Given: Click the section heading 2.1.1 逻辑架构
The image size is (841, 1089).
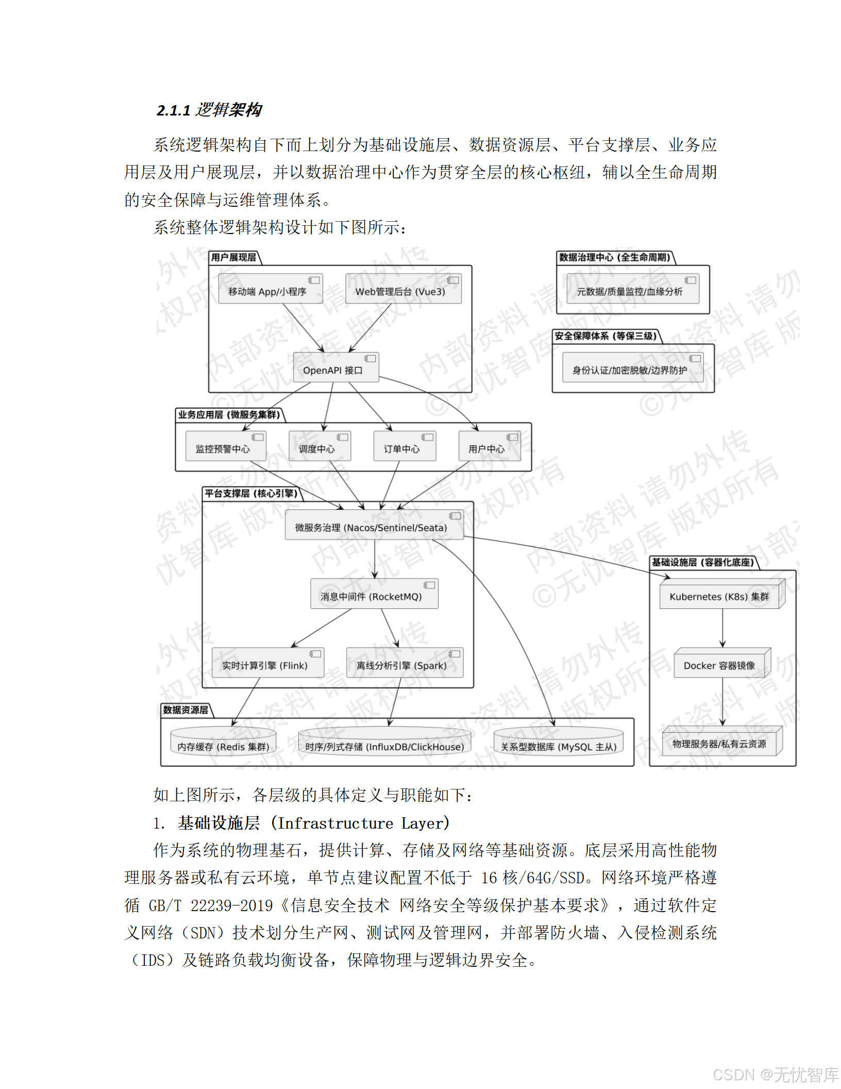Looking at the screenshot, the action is click(209, 110).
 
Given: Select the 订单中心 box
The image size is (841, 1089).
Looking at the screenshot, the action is click(404, 447).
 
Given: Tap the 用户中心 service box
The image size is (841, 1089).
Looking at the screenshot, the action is click(489, 447).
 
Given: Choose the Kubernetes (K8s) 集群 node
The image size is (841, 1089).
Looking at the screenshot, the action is click(721, 595).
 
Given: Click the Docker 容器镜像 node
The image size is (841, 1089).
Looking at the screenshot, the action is click(721, 664).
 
